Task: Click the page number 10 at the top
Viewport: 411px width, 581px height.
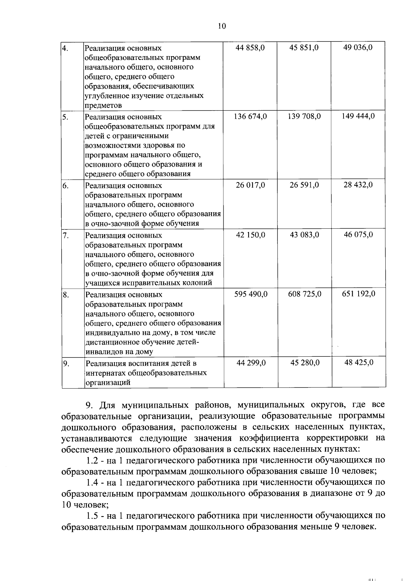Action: pyautogui.click(x=222, y=26)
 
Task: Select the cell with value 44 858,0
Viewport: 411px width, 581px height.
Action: pyautogui.click(x=250, y=48)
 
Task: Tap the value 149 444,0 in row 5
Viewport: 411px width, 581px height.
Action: pyautogui.click(x=358, y=116)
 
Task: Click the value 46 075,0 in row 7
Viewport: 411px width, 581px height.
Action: pyautogui.click(x=358, y=235)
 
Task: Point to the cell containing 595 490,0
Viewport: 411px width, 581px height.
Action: pyautogui.click(x=250, y=294)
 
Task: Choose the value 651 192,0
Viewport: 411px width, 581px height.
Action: pyautogui.click(x=358, y=294)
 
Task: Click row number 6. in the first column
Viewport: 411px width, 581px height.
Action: pyautogui.click(x=65, y=186)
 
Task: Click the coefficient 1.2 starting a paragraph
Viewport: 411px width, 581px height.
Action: pyautogui.click(x=92, y=460)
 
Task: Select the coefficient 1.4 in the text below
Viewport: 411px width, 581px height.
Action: pyautogui.click(x=92, y=483)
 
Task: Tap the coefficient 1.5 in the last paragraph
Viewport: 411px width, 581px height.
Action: pyautogui.click(x=92, y=516)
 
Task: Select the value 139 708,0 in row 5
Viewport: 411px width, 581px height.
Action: pyautogui.click(x=304, y=116)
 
